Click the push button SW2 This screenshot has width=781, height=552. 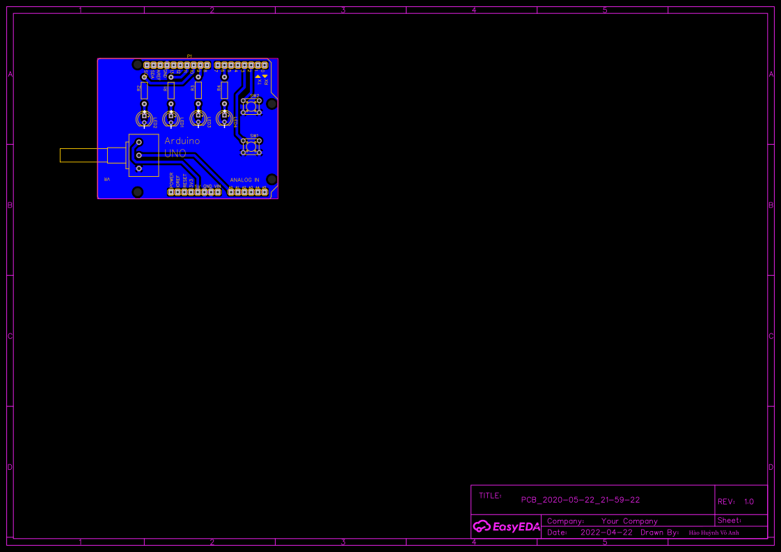coord(251,107)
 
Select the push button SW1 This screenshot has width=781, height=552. coord(251,146)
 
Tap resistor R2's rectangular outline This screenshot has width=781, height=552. coord(144,90)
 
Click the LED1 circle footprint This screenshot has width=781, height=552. coord(171,119)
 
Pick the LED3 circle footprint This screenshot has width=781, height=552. coord(198,119)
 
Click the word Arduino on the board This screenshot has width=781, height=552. coord(182,141)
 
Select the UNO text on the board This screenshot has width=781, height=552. coord(175,153)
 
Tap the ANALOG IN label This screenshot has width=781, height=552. coord(244,180)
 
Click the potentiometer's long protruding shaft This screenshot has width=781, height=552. coord(82,155)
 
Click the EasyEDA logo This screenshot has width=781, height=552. coord(506,526)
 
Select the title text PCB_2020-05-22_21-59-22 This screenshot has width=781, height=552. coord(581,500)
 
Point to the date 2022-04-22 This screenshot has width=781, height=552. coord(606,533)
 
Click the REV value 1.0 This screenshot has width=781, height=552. coord(748,501)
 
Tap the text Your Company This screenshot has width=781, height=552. coord(629,521)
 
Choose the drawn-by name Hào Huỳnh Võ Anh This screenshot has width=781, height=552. coord(713,533)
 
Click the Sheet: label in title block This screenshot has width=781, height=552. coord(729,520)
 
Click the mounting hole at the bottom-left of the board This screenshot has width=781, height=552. coord(138,191)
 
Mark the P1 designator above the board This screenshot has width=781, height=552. coord(189,56)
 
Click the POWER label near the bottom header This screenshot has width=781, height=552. coord(171,180)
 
